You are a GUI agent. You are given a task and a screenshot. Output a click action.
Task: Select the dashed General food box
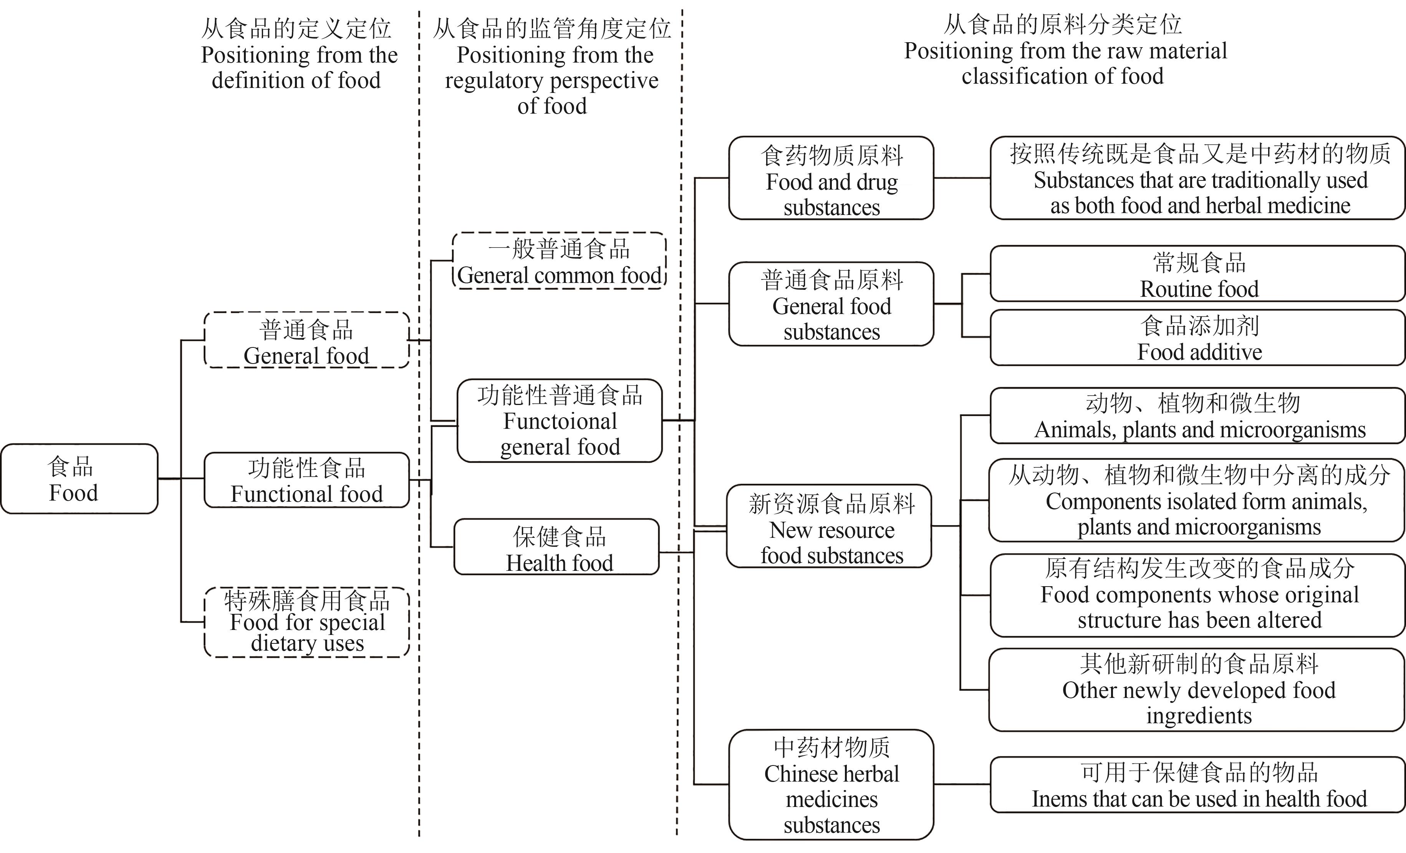click(x=306, y=340)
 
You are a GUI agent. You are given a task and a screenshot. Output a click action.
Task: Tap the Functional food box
click(x=306, y=480)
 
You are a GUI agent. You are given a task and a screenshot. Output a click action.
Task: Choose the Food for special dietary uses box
click(x=306, y=622)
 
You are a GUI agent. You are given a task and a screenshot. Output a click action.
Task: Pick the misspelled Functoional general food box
click(x=559, y=420)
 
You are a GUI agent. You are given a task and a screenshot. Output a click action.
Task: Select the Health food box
click(x=556, y=547)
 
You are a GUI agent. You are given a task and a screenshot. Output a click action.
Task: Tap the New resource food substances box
click(x=828, y=526)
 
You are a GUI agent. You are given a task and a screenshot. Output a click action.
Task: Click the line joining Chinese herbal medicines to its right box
click(x=962, y=785)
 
